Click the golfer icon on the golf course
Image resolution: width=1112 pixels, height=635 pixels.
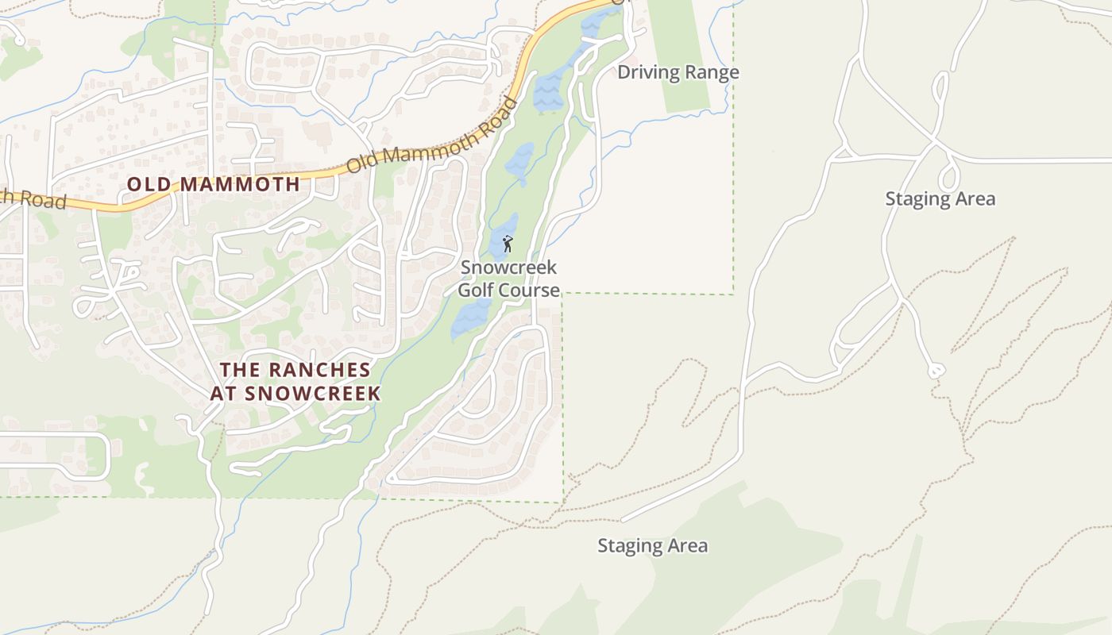[x=508, y=244]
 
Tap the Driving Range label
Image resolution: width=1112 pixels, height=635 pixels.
[x=678, y=73]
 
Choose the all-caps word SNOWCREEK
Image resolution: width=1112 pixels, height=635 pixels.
[x=314, y=394]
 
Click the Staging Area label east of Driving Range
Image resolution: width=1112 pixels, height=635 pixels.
[x=940, y=198]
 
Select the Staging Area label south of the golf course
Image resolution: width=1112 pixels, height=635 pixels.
[x=652, y=546]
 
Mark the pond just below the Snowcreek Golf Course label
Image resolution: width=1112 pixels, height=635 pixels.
[x=470, y=318]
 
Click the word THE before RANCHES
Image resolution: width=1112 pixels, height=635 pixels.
[x=239, y=370]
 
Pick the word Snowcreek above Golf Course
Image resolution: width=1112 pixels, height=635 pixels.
[x=508, y=268]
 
